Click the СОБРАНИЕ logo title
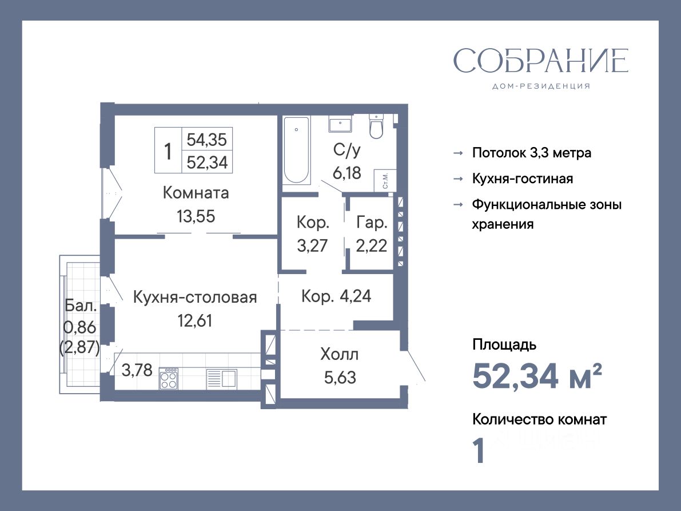point(541,61)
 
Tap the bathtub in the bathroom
point(296,150)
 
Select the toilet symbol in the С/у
point(376,125)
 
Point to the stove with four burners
point(169,378)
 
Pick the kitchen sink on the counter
point(221,378)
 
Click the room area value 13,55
point(196,216)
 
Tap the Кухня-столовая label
point(195,297)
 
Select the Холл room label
point(340,355)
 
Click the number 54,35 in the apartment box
point(207,140)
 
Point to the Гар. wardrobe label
point(372,223)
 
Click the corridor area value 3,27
point(312,246)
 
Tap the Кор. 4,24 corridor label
point(336,296)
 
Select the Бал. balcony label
point(81,306)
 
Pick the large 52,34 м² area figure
point(537,376)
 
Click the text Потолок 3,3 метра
point(532,153)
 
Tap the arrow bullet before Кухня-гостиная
point(458,179)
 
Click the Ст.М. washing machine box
point(385,180)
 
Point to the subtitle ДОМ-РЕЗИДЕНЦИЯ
point(541,86)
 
